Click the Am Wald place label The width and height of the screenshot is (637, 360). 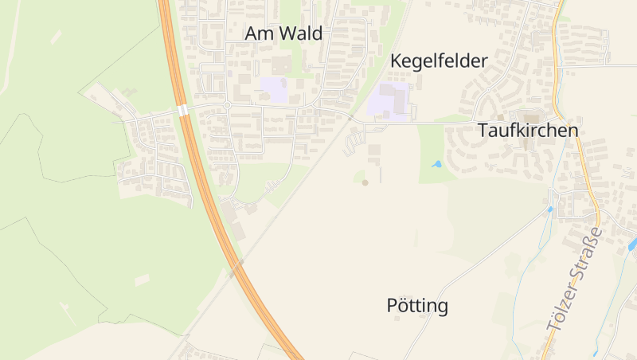coord(283,33)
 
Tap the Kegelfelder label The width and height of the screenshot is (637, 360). coord(439,61)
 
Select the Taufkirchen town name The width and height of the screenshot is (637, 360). coord(527,131)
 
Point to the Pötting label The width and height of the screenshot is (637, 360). coord(417,305)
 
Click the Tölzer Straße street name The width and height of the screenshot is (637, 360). coord(576,279)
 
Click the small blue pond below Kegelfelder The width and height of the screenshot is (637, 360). coord(436,164)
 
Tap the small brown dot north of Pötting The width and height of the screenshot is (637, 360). coord(365,182)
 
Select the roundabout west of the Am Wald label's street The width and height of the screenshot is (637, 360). coord(227,105)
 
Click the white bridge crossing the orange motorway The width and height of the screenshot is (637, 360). coord(183,110)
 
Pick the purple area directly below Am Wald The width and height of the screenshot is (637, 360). coord(275,89)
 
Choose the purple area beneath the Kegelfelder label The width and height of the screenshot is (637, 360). coord(388,102)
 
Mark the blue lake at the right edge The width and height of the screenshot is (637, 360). coord(632,245)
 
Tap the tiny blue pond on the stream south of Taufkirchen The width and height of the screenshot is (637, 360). coord(549,209)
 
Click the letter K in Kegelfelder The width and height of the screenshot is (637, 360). coord(396,61)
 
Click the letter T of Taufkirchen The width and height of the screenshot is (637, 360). coord(483,131)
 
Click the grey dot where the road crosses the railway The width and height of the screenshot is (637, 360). coord(350,118)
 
